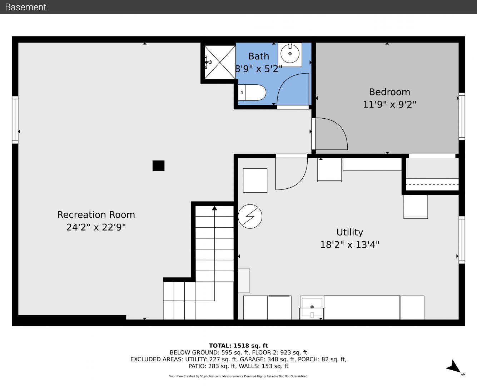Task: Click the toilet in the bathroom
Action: pos(252,93)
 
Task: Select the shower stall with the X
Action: pos(220,62)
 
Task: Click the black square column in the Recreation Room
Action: pos(159,165)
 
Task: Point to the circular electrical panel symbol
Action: pos(250,217)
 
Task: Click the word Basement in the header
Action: pos(25,7)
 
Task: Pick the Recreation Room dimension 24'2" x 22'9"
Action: pos(96,227)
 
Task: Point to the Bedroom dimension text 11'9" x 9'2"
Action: pos(389,105)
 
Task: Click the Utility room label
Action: pos(349,232)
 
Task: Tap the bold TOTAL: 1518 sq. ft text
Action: pos(238,346)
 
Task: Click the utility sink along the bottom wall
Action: pos(312,308)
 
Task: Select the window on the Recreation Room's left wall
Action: pos(15,120)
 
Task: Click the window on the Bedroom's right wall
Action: pos(462,117)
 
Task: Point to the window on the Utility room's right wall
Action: pos(462,240)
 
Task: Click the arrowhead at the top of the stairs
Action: pos(214,208)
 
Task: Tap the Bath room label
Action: pos(259,56)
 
